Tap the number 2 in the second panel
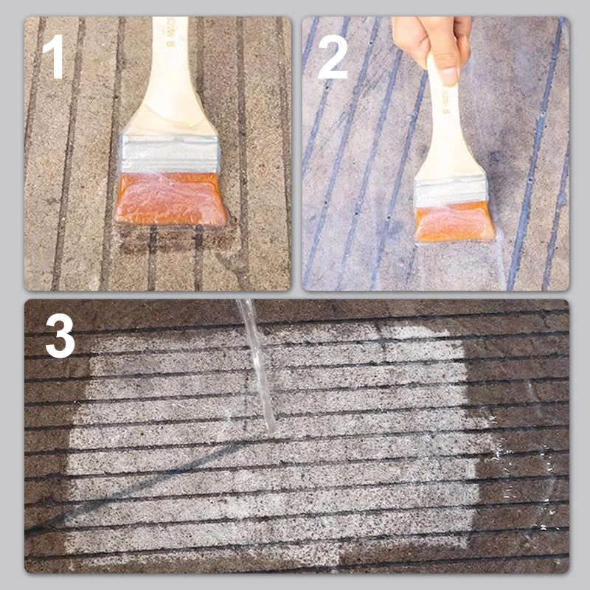click(333, 58)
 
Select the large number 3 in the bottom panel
click(60, 336)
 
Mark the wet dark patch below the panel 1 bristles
click(173, 240)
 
